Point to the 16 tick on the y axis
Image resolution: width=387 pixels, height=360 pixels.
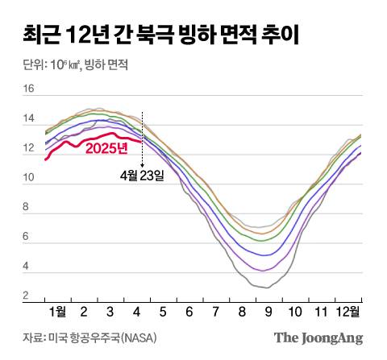pyautogui.click(x=28, y=89)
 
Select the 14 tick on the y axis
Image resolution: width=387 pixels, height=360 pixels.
pyautogui.click(x=28, y=119)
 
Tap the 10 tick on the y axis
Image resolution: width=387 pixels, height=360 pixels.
pyautogui.click(x=28, y=178)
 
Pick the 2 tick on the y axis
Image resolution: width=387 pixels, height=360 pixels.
pyautogui.click(x=27, y=296)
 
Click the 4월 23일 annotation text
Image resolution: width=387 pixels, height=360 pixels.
pyautogui.click(x=141, y=174)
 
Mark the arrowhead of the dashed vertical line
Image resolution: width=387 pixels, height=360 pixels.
pyautogui.click(x=142, y=164)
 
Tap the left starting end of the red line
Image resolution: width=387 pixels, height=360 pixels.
pyautogui.click(x=46, y=159)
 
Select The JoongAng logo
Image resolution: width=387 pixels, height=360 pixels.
pyautogui.click(x=318, y=338)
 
